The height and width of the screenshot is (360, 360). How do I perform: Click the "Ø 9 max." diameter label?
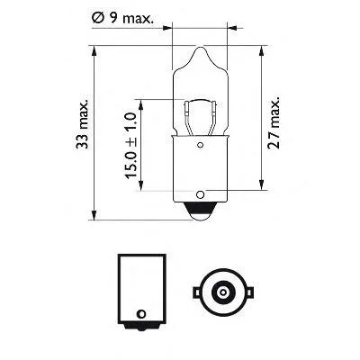coord(205,15)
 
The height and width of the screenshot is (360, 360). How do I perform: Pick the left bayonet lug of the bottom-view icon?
coord(195,292)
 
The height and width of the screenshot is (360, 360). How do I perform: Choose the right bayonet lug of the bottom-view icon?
coord(244,292)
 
